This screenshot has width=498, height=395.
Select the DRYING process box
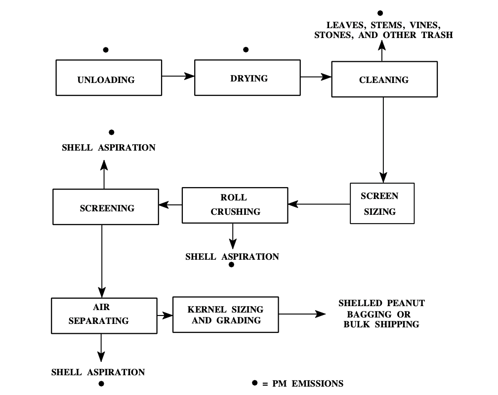pyautogui.click(x=248, y=78)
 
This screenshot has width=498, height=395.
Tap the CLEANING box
pyautogui.click(x=384, y=79)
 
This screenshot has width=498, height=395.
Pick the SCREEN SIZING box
pyautogui.click(x=382, y=203)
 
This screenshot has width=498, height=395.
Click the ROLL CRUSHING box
pyautogui.click(x=235, y=204)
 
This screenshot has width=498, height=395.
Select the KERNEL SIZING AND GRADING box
pyautogui.click(x=225, y=315)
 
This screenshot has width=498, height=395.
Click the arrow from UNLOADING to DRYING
pyautogui.click(x=178, y=76)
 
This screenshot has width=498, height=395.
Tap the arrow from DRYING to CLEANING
pyautogui.click(x=316, y=77)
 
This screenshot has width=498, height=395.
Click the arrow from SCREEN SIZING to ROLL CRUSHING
pyautogui.click(x=319, y=203)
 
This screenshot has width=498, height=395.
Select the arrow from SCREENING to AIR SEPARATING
pyautogui.click(x=101, y=259)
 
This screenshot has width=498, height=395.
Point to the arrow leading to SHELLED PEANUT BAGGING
pyautogui.click(x=302, y=314)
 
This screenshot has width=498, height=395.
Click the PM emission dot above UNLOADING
pyautogui.click(x=106, y=50)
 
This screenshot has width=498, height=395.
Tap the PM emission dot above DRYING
pyautogui.click(x=246, y=50)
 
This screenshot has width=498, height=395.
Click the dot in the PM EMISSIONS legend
pyautogui.click(x=255, y=383)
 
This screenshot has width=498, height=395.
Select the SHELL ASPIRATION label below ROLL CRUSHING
pyautogui.click(x=232, y=257)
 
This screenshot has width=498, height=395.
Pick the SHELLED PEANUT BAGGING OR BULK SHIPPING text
pyautogui.click(x=381, y=314)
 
